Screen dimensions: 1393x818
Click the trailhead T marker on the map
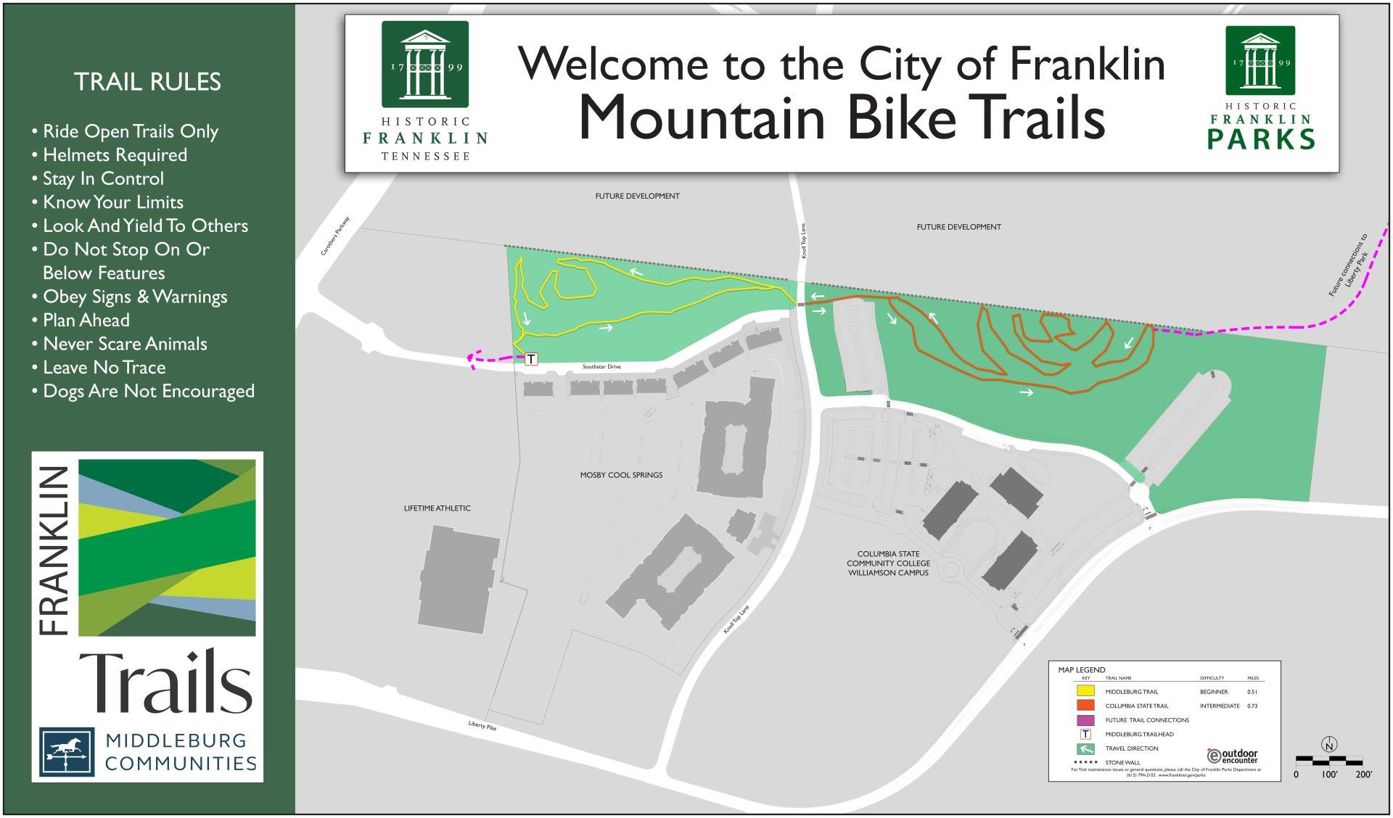[531, 359]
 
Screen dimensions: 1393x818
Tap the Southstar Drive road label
[601, 367]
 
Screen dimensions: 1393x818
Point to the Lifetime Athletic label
[437, 508]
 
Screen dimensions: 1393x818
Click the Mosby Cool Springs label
[621, 475]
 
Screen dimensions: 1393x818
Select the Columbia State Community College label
[888, 563]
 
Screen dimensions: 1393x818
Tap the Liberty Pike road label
[482, 725]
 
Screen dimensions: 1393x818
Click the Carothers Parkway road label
[335, 236]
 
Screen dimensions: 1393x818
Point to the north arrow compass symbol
[1329, 745]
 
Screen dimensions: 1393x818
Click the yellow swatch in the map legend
[1085, 691]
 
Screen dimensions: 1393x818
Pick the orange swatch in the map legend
[1085, 706]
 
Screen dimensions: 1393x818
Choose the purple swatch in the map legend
[1085, 720]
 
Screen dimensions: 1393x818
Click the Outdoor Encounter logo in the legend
[1233, 756]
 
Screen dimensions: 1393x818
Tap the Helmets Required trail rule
[115, 155]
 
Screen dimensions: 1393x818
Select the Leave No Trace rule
[104, 368]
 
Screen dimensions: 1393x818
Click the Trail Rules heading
[147, 82]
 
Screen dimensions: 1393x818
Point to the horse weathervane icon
[67, 753]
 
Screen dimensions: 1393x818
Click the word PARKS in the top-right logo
[1261, 139]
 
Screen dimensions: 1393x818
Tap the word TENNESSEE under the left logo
[425, 156]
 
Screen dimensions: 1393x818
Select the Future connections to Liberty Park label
[1348, 265]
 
